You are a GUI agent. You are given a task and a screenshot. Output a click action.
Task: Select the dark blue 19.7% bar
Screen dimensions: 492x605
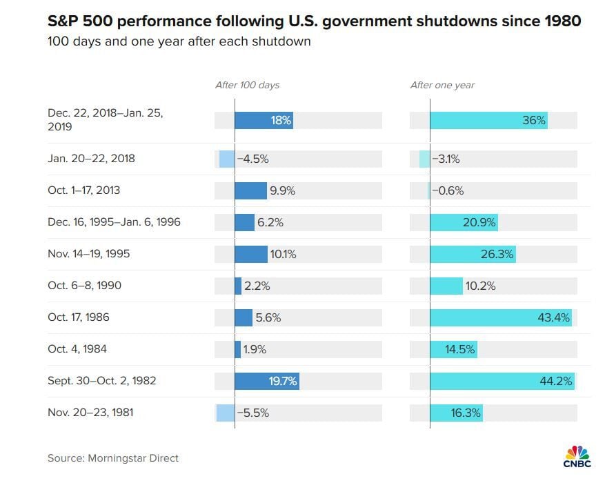coord(266,382)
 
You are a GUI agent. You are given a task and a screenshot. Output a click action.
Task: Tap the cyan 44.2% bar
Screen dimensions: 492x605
coord(502,382)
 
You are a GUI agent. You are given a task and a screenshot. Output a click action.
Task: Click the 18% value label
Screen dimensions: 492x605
coord(281,121)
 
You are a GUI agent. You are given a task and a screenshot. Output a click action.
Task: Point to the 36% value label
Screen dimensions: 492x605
coord(534,121)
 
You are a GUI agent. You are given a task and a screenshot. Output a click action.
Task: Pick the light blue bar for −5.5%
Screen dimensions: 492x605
coord(226,413)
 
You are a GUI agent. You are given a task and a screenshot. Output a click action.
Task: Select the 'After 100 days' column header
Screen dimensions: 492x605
coord(247,86)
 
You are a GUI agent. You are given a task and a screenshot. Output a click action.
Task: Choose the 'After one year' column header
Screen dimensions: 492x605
coord(442,86)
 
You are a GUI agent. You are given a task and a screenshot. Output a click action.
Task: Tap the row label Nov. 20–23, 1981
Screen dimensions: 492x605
coord(90,413)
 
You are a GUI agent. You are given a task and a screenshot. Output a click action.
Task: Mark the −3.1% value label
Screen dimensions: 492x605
coord(446,159)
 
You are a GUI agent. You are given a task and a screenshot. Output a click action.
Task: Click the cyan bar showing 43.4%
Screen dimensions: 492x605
coord(500,318)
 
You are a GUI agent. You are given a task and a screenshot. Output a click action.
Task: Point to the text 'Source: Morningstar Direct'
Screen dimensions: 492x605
coord(113,458)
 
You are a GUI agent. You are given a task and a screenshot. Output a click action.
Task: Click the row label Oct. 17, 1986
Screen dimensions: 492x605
coord(79,318)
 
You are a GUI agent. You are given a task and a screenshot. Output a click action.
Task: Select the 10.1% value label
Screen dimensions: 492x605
coord(283,254)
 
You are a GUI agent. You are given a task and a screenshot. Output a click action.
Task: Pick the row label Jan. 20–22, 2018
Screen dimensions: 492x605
coord(91,159)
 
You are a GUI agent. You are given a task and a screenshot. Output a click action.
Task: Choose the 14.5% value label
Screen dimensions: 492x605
coord(460,350)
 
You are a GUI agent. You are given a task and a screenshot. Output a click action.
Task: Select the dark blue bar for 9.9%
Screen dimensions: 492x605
coord(250,190)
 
